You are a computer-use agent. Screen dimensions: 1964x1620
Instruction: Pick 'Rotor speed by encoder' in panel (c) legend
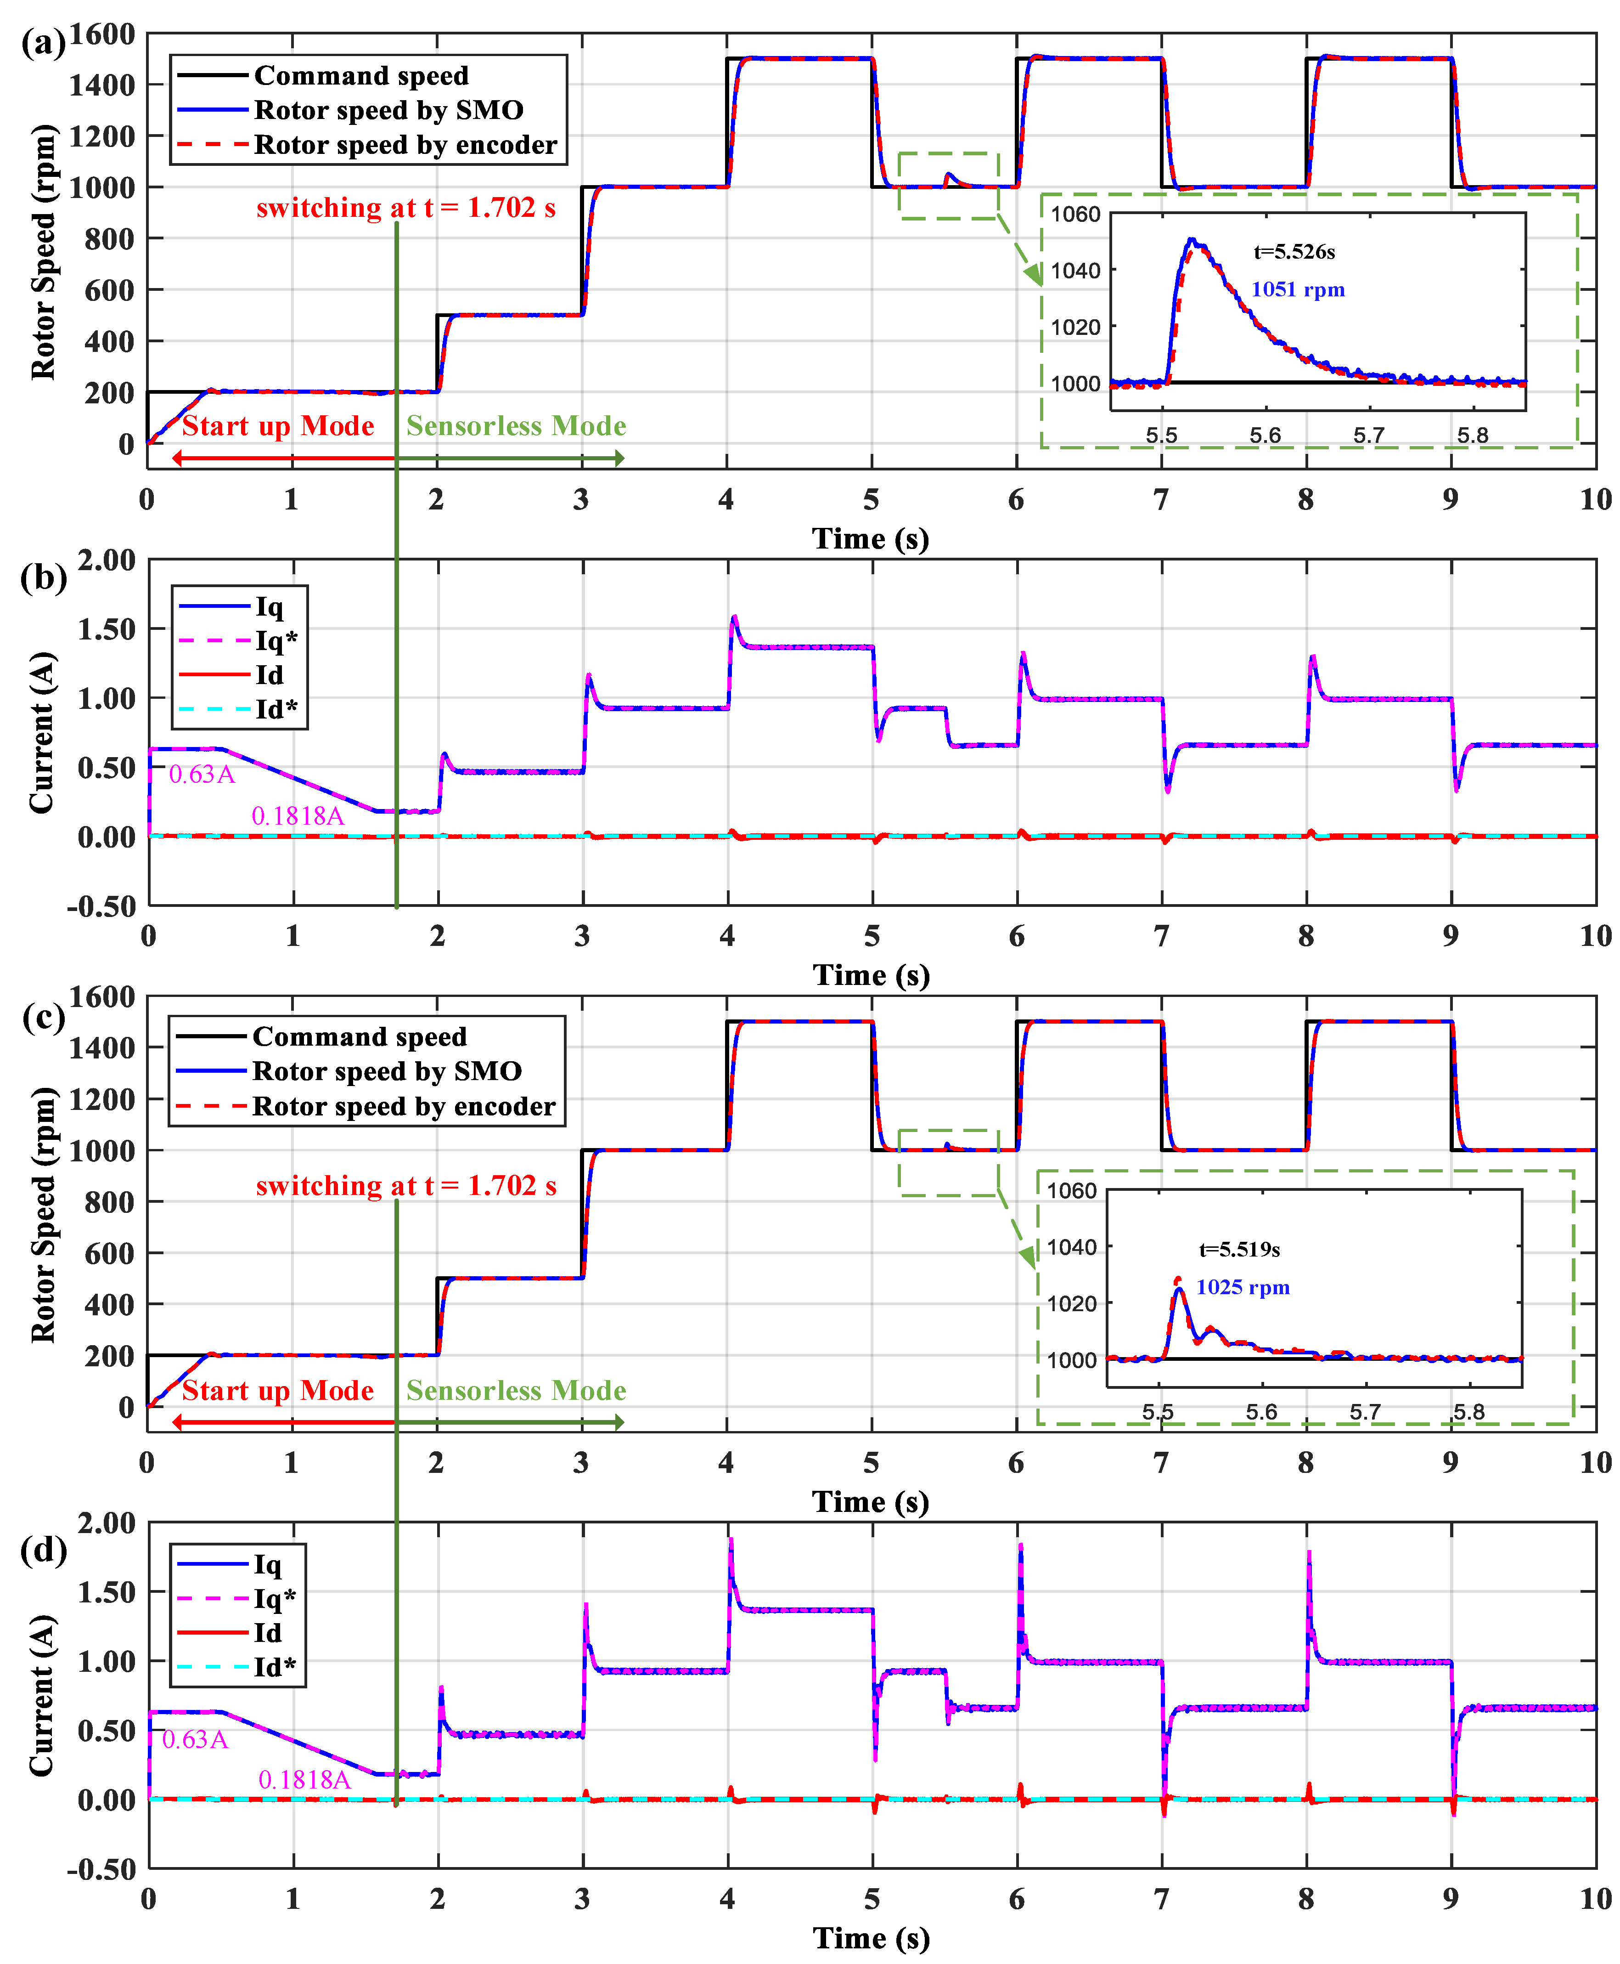click(x=403, y=1106)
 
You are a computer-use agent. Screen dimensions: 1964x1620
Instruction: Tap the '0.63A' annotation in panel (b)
click(x=202, y=774)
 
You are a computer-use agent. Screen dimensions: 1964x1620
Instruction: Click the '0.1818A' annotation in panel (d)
click(x=304, y=1779)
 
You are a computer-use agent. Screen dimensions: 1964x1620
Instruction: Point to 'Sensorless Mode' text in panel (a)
click(x=516, y=427)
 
